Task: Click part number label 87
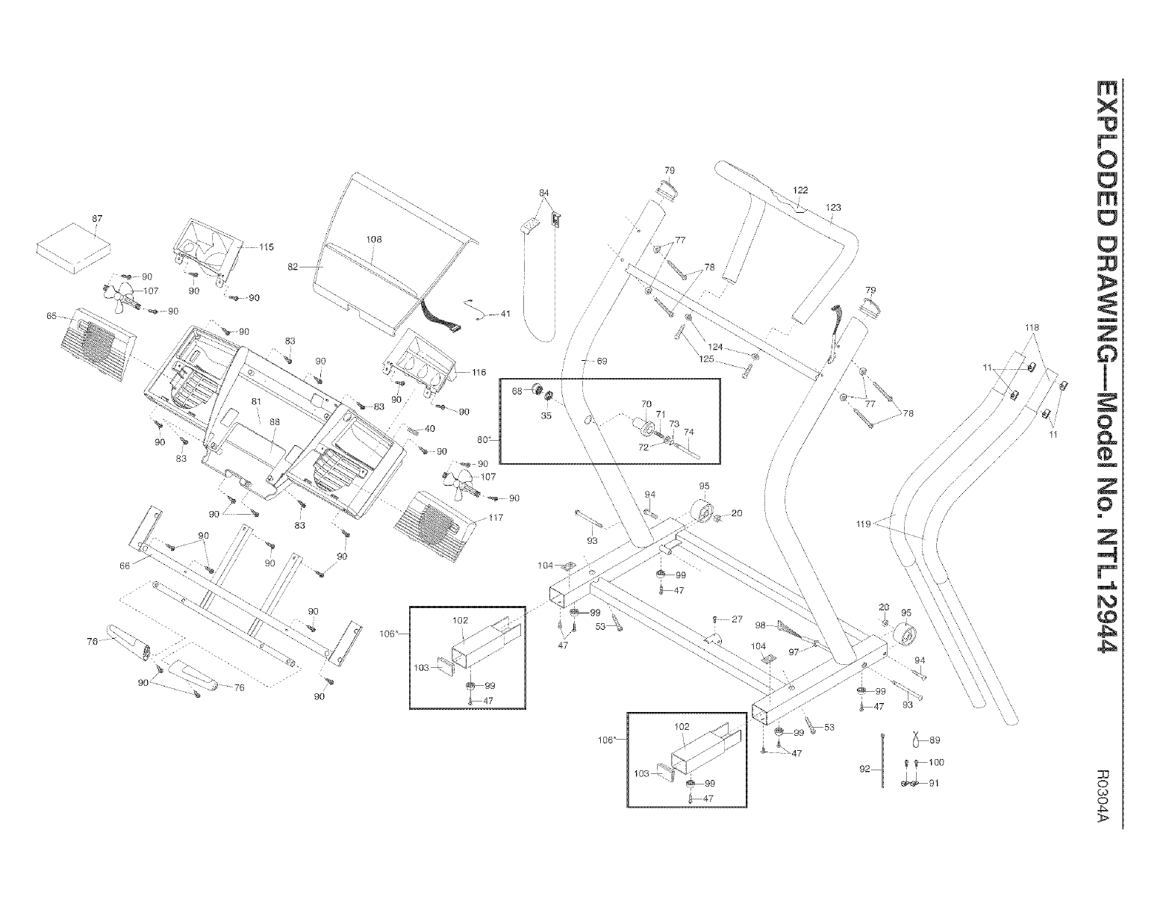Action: click(x=97, y=217)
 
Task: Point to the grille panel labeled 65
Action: click(x=98, y=340)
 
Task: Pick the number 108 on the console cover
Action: click(x=374, y=239)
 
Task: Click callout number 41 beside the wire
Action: click(x=505, y=314)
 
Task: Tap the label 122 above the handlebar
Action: click(x=800, y=191)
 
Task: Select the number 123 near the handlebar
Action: click(x=834, y=207)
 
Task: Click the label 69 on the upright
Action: click(x=602, y=361)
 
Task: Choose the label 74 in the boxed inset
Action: click(x=688, y=432)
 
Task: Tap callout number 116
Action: click(x=479, y=371)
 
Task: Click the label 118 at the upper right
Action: click(x=1032, y=327)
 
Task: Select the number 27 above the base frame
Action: click(x=737, y=619)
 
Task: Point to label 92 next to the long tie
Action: click(x=865, y=769)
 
